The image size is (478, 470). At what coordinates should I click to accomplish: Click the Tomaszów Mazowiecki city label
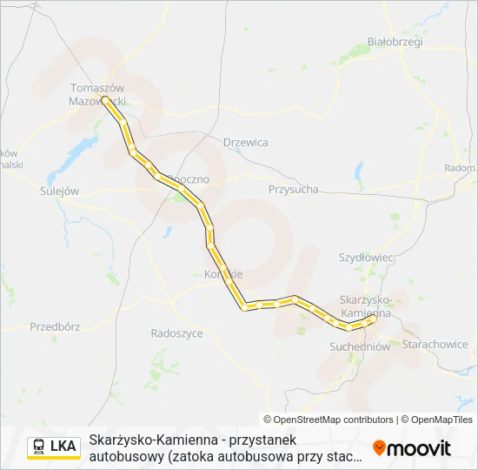coord(96,94)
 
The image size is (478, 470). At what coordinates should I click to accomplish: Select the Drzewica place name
coord(245,142)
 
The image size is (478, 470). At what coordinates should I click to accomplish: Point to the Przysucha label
coord(293,189)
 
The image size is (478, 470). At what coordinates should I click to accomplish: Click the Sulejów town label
coord(60,190)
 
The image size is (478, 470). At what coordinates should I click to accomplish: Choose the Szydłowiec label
coord(366,258)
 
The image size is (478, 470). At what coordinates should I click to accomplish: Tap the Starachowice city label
coord(435,345)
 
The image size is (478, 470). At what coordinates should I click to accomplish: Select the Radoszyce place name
coord(176,332)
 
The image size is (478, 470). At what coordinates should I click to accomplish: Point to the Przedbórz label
coord(55,327)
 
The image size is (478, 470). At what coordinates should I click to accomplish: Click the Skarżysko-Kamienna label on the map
coord(366,305)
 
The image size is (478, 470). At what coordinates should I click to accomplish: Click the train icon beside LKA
coord(39,447)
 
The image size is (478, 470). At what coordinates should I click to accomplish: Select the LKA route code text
coord(63,447)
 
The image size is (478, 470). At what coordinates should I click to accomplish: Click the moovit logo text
coord(419,448)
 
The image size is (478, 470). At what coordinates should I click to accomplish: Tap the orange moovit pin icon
coord(379,447)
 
